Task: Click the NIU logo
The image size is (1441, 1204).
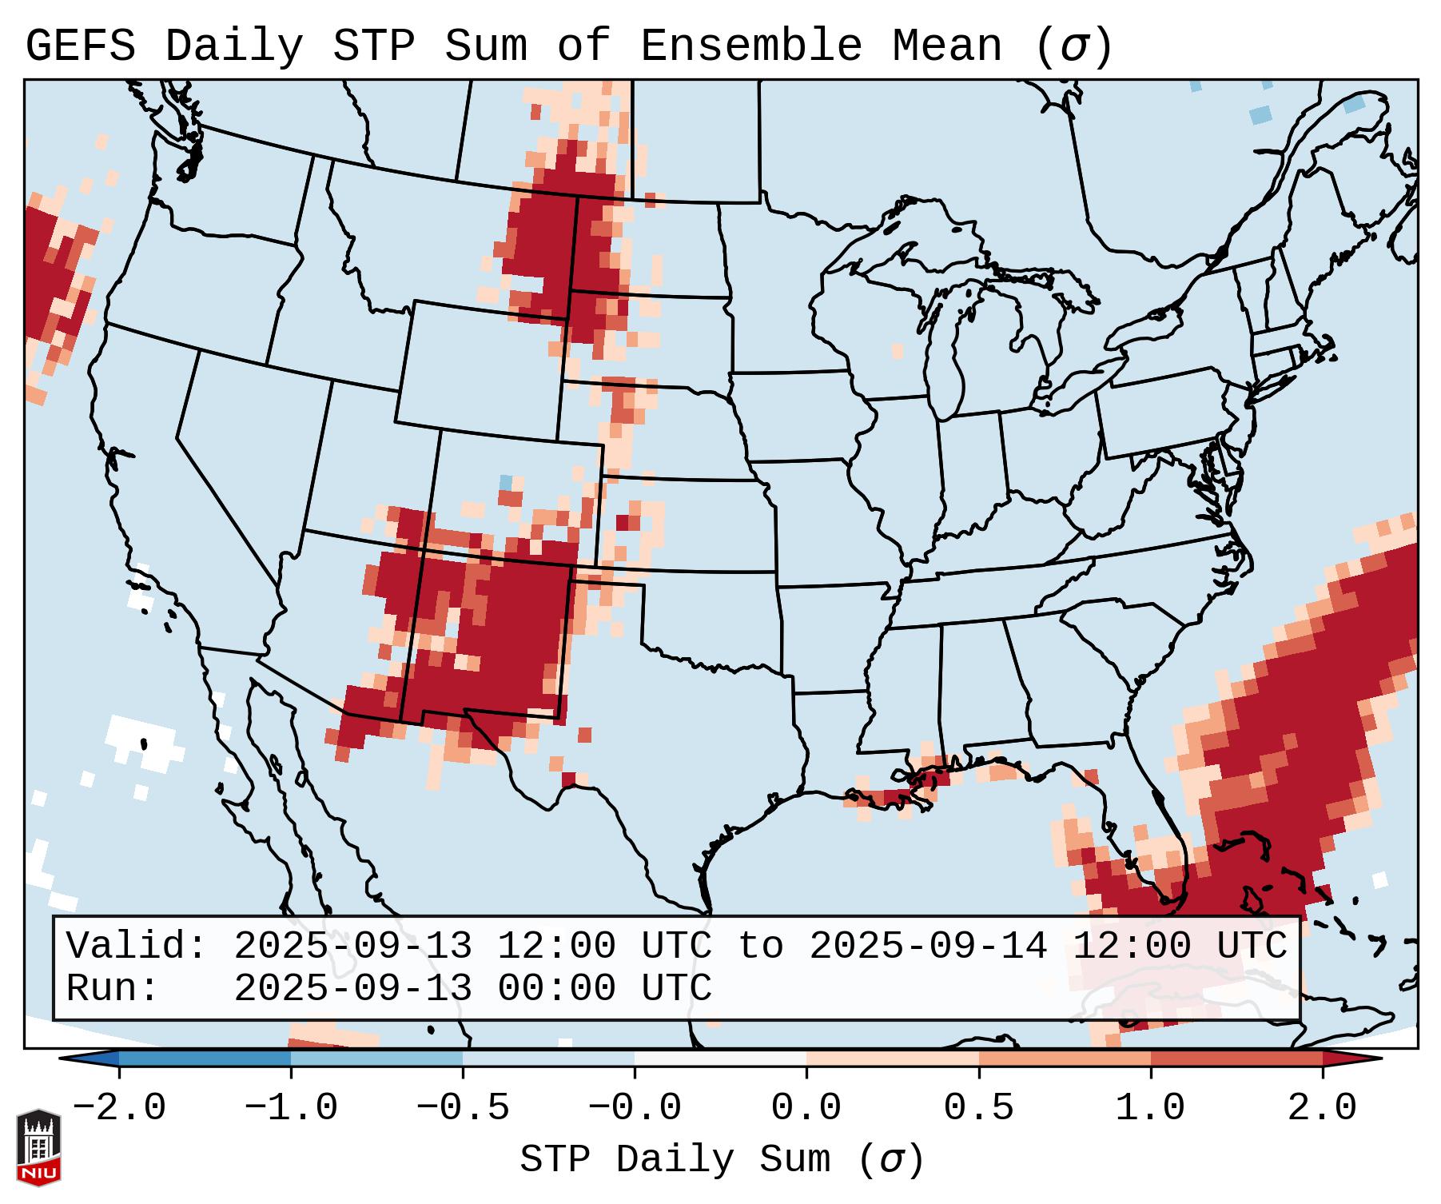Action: [38, 1147]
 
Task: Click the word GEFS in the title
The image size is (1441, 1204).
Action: [80, 46]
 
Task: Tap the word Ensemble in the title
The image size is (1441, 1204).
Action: [750, 46]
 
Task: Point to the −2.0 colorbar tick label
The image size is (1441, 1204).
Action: [119, 1108]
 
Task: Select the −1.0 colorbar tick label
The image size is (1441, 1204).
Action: [291, 1108]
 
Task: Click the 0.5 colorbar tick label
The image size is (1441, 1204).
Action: [978, 1108]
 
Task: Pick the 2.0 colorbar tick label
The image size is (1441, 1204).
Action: [1322, 1108]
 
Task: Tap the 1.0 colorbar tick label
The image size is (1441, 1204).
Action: [1150, 1108]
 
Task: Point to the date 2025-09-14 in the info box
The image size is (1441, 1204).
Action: [928, 947]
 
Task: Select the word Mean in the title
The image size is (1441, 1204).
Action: [946, 46]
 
